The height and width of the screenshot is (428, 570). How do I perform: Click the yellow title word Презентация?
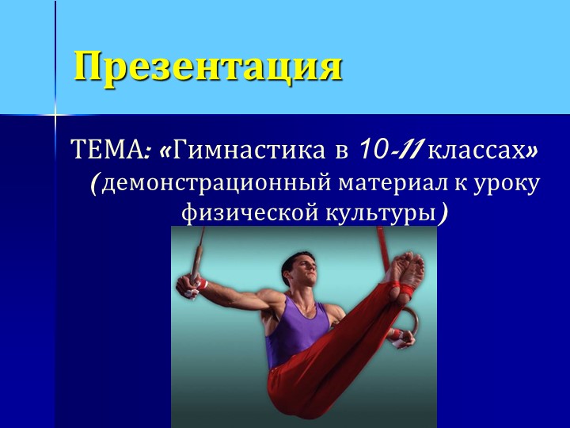[207, 67]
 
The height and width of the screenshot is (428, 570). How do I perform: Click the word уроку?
[511, 184]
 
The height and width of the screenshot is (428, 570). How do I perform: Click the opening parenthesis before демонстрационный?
[94, 183]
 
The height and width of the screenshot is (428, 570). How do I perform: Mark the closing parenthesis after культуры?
[446, 212]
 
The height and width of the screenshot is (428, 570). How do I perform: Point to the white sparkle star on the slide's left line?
[55, 117]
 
